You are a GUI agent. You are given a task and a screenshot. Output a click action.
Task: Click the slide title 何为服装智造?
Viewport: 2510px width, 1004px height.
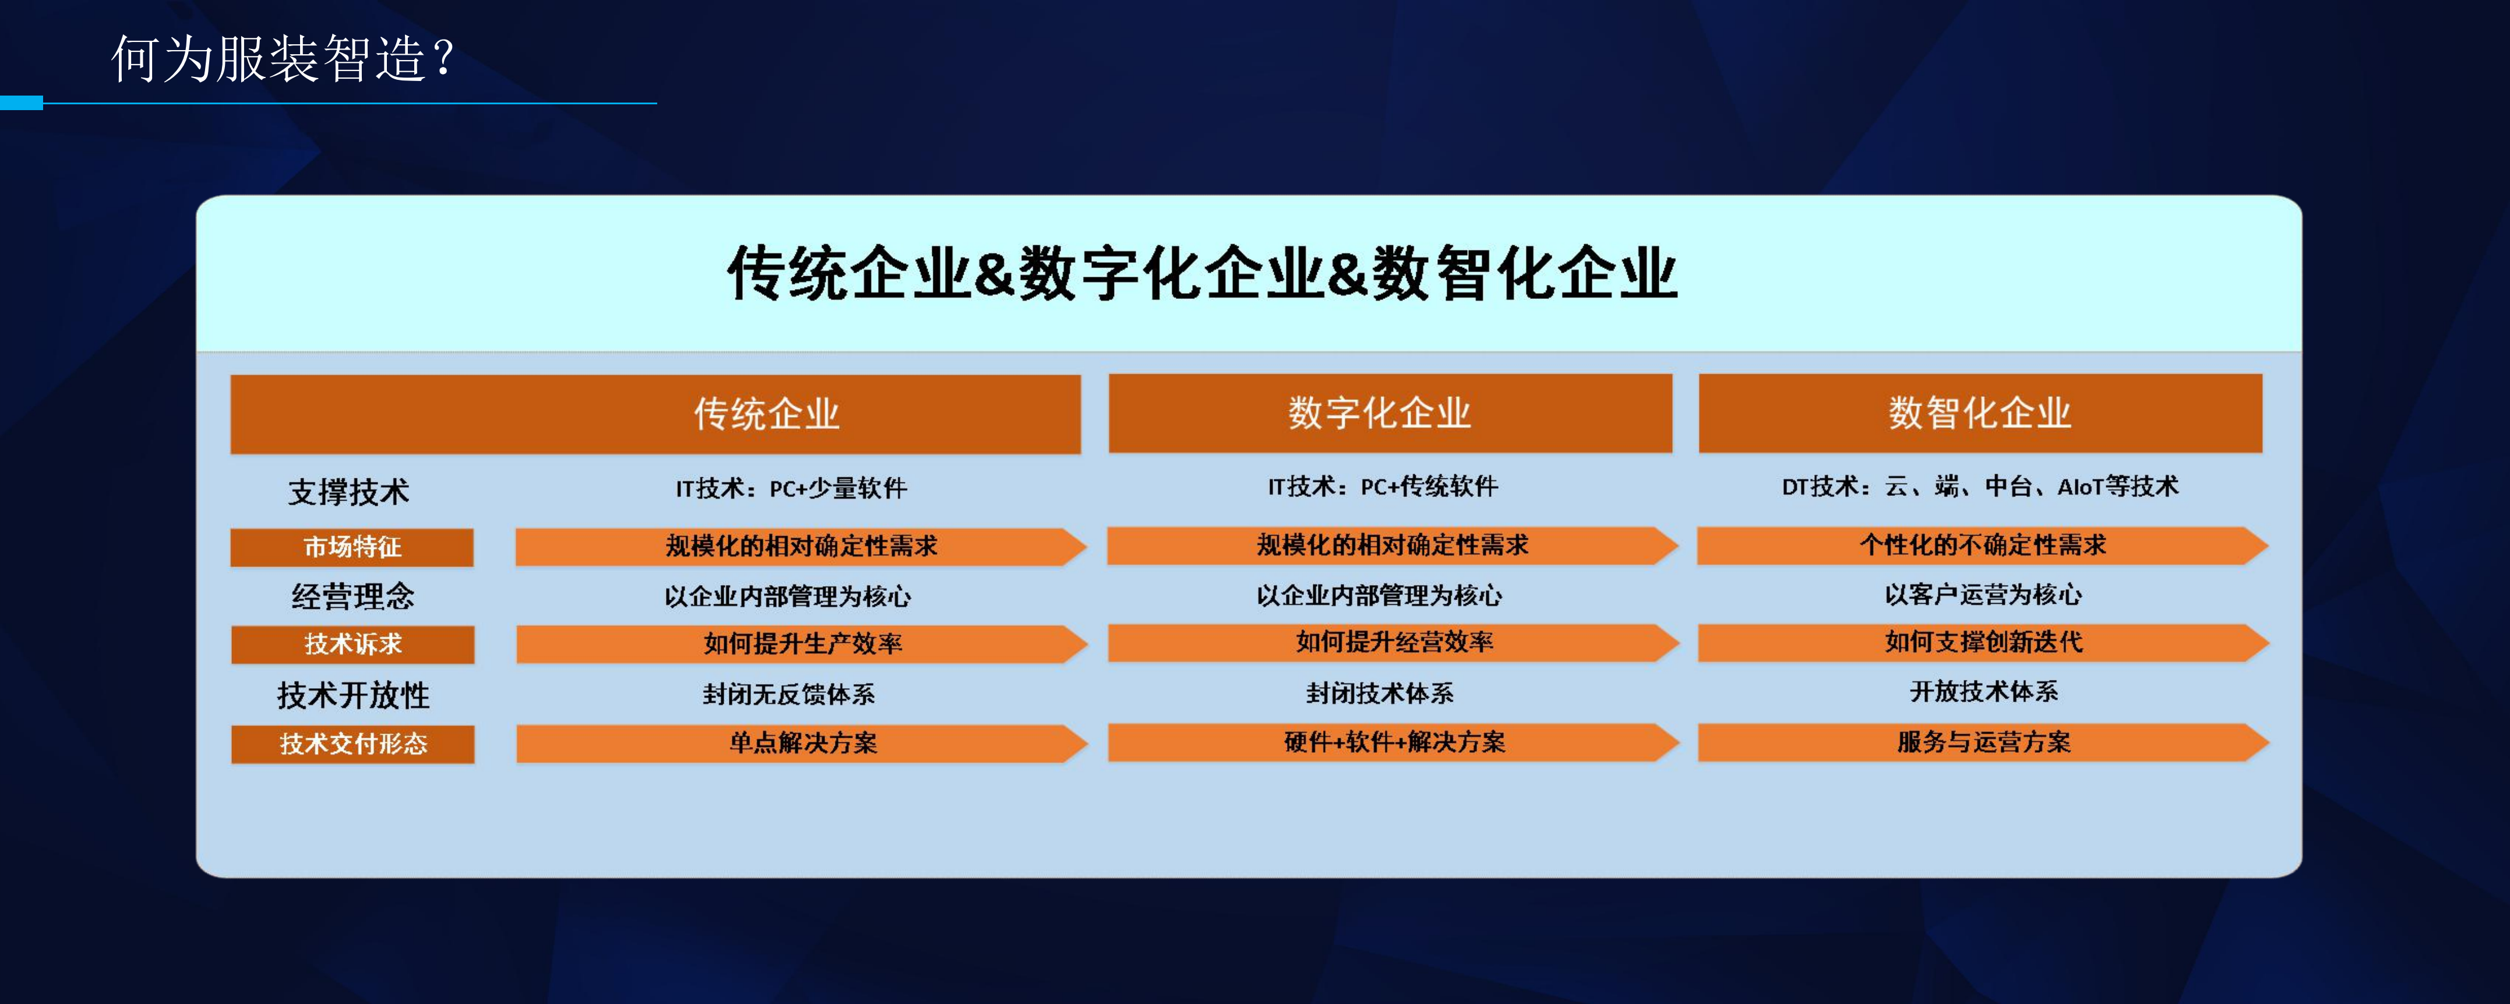(283, 58)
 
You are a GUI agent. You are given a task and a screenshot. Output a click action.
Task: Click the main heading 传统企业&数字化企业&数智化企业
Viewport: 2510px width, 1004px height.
(1203, 273)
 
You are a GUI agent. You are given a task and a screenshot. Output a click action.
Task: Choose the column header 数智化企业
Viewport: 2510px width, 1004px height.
(1980, 413)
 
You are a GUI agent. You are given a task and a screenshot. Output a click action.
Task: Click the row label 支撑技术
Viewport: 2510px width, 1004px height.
(349, 491)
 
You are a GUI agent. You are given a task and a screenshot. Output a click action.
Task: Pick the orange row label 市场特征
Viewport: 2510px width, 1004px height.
(352, 547)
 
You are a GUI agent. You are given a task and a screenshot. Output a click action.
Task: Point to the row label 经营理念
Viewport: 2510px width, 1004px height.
(352, 596)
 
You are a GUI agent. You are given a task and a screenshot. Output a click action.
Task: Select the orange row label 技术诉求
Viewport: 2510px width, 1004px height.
(352, 644)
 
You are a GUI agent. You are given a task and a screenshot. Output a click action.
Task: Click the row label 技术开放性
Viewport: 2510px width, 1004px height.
(352, 695)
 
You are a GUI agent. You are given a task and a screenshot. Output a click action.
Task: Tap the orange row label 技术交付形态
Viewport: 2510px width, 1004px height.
(352, 744)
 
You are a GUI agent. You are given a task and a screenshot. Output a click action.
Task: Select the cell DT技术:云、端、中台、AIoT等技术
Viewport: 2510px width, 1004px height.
(1980, 487)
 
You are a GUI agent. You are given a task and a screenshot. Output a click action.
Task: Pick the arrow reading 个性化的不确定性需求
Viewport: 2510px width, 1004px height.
(1983, 546)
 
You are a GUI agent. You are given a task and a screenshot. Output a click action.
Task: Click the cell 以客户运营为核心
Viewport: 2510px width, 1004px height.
(1983, 594)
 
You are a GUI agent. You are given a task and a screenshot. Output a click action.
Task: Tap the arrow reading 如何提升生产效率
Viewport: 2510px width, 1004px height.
(802, 644)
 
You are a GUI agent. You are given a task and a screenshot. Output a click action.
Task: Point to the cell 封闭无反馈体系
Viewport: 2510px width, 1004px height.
(789, 694)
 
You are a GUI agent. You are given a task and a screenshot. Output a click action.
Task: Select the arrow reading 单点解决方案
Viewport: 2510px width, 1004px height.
(802, 744)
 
